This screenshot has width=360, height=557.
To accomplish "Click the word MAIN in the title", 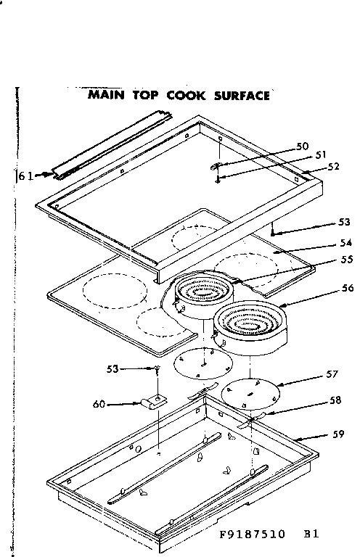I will [x=107, y=94].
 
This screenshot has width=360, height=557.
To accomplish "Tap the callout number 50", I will [x=303, y=147].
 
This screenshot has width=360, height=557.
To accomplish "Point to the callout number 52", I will [x=333, y=165].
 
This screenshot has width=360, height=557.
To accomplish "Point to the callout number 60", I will [x=100, y=404].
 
